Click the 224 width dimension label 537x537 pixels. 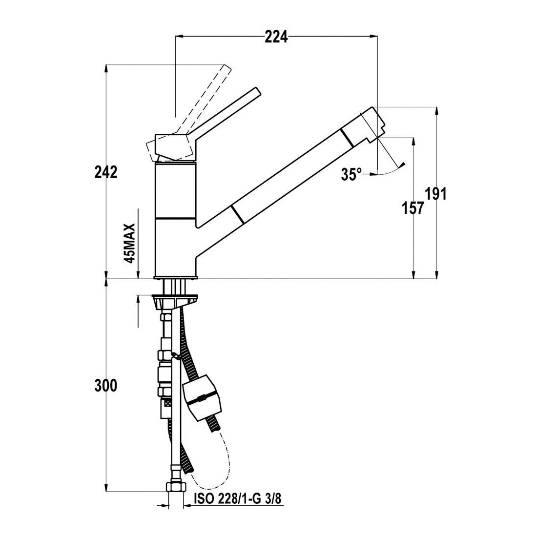click(276, 37)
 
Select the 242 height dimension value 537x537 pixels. click(106, 172)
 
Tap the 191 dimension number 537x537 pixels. click(436, 194)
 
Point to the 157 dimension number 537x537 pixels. click(413, 208)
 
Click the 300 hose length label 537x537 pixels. click(106, 386)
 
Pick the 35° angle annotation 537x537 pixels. click(351, 174)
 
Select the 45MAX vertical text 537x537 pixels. click(130, 243)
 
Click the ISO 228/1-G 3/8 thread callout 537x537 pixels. click(237, 499)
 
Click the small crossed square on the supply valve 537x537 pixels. click(167, 403)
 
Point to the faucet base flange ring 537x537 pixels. click(176, 277)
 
